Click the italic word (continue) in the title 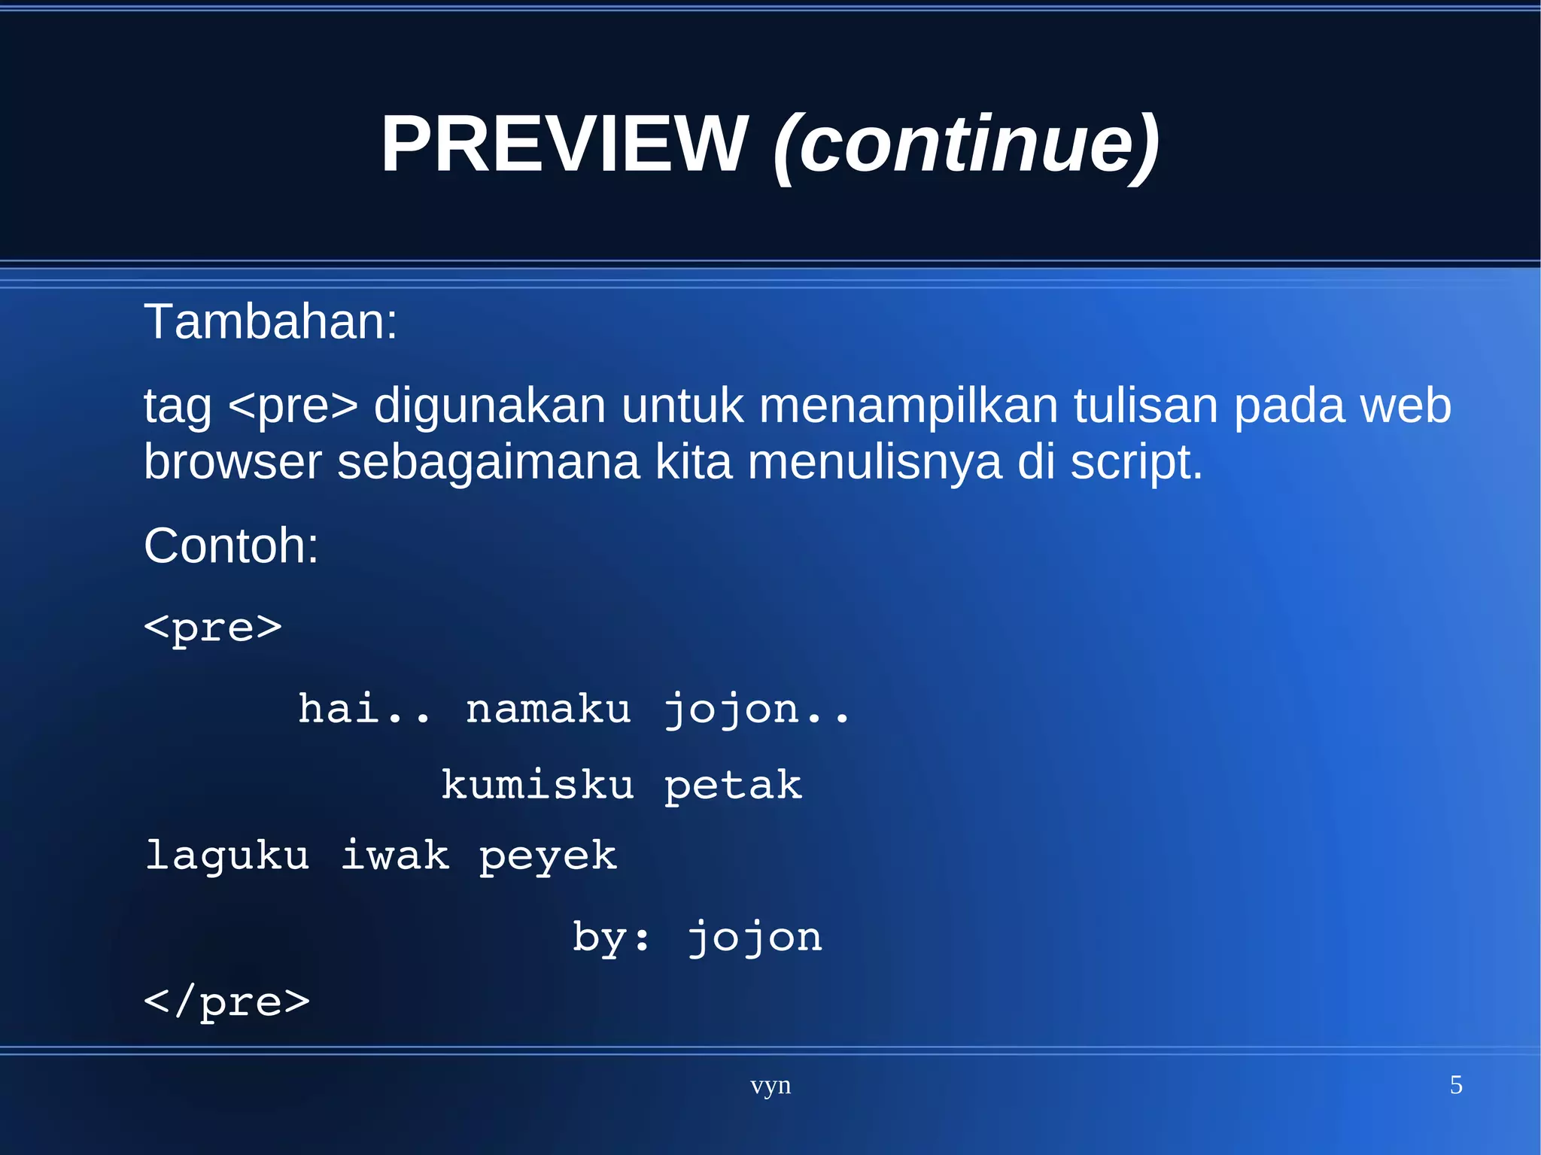[966, 144]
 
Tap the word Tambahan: [270, 322]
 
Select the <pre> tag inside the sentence [293, 406]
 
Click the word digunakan [489, 406]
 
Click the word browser [233, 462]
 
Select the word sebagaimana [488, 462]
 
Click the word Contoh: [231, 546]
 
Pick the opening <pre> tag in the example [213, 628]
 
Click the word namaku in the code [548, 710]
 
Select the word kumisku [537, 786]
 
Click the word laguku [227, 856]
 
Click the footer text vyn [770, 1086]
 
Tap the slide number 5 [1456, 1085]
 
